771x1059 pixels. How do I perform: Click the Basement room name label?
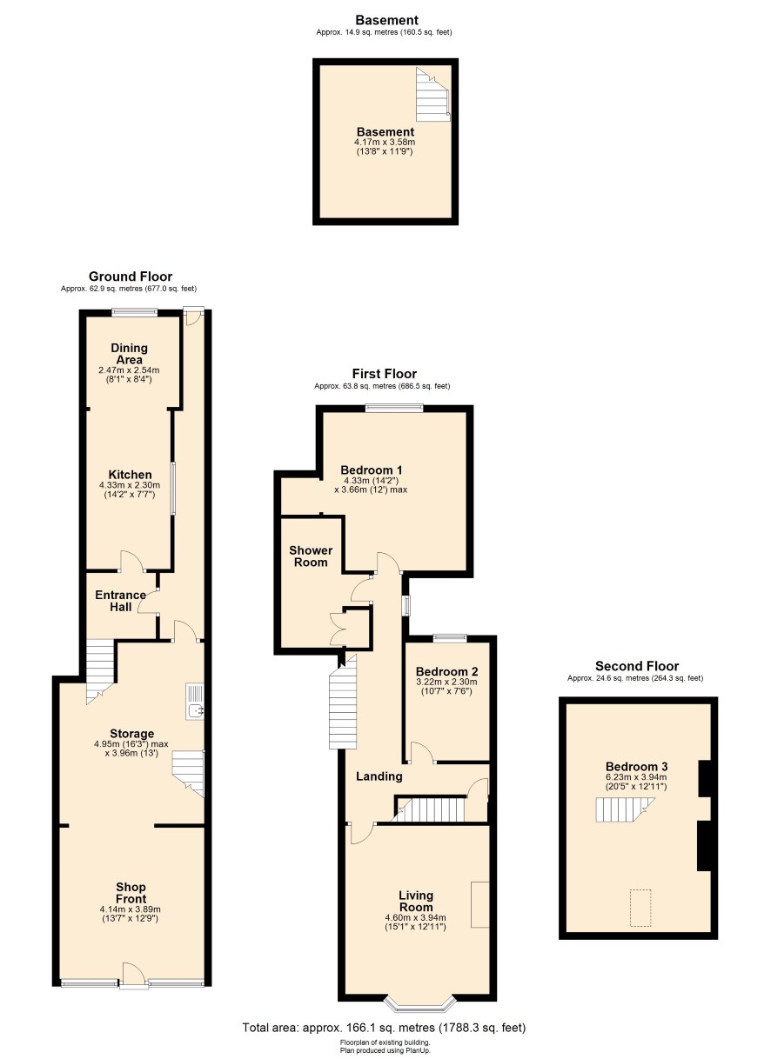coord(385,132)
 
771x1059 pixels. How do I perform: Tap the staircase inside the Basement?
coord(432,95)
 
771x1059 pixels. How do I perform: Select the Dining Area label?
coord(129,354)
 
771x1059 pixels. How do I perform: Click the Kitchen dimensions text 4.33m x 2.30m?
coord(129,485)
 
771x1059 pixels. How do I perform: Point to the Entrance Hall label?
coord(120,601)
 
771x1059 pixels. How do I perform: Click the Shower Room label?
coord(311,556)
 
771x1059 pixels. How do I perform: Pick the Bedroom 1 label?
coord(372,470)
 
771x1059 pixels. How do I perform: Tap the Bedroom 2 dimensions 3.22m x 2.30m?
coord(446,683)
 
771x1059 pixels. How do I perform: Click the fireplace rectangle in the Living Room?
coord(480,904)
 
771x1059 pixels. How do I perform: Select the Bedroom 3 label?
coord(637,766)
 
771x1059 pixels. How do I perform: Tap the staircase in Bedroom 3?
coord(625,809)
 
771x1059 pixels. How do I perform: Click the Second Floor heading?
coord(637,666)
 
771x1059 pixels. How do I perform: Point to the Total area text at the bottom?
coord(384,1027)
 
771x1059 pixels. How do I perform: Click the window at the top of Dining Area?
coord(134,311)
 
